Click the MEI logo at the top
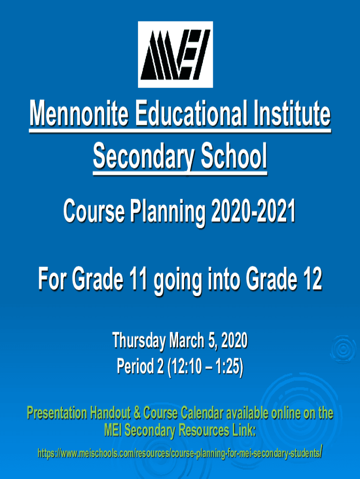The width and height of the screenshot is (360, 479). pos(175,54)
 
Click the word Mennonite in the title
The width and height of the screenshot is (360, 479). pos(79,114)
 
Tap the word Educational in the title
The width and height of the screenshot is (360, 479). pos(191,114)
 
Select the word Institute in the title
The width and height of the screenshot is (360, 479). pos(292,114)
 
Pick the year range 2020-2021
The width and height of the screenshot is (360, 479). pos(253,211)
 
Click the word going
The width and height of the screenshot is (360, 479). pos(178,282)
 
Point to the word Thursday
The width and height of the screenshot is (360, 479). pos(139,341)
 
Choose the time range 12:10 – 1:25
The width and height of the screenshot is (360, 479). pos(206,367)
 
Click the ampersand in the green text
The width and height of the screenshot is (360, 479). pos(137,414)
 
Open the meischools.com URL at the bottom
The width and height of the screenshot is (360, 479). pos(180,453)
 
